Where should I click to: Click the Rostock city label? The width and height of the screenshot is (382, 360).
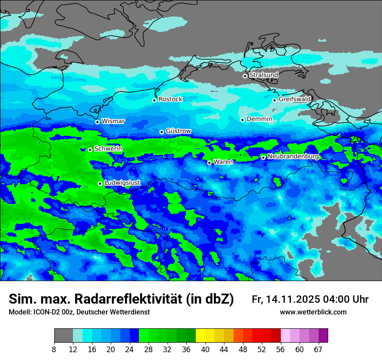coord(170,99)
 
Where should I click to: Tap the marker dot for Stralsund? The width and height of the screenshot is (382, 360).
coord(245,76)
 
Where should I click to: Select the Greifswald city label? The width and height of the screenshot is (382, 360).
coord(294,99)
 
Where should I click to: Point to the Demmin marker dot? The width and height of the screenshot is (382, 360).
coord(242,120)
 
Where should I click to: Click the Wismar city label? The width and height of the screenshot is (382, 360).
coord(113,121)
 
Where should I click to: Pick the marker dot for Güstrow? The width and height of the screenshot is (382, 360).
coord(161,132)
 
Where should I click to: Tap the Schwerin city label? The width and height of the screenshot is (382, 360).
coord(108,149)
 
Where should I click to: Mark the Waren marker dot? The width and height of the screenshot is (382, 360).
coord(209,163)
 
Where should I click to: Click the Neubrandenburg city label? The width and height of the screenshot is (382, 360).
coord(293,156)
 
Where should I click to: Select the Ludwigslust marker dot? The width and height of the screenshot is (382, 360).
coord(100,183)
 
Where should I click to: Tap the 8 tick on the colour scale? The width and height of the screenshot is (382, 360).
coord(54,349)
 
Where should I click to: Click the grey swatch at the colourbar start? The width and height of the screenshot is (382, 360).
coord(63,336)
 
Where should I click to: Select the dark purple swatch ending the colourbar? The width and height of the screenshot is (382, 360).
coord(323,336)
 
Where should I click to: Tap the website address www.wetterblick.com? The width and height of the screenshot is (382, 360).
coord(313,312)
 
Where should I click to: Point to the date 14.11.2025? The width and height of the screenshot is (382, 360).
coord(293,299)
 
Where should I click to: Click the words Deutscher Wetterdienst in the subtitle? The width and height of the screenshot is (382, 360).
coord(113,312)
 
